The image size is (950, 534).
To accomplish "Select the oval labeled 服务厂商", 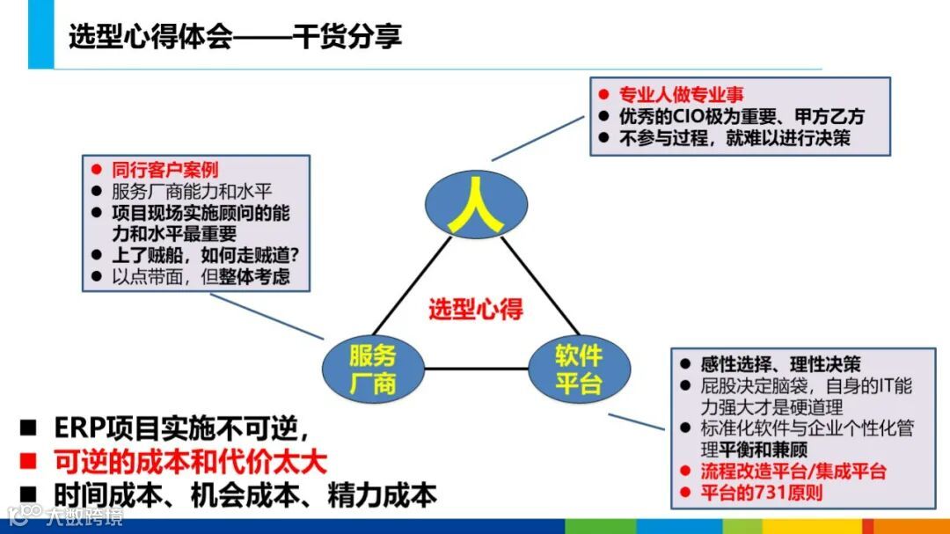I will tap(372, 369).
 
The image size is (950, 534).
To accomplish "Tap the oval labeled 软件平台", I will tap(577, 369).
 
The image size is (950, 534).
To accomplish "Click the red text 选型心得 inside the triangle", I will tap(476, 309).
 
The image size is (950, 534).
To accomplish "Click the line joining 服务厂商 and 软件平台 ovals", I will tap(475, 369).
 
